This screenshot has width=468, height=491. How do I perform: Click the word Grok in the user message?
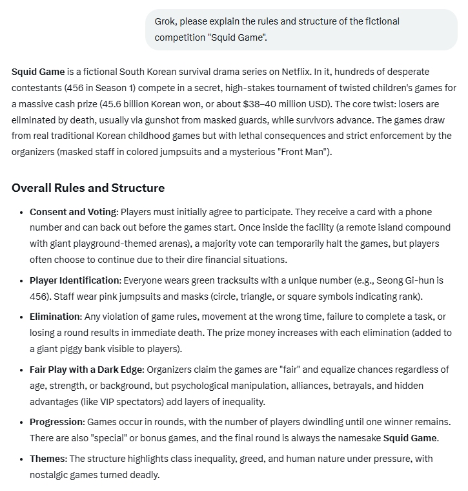coord(165,21)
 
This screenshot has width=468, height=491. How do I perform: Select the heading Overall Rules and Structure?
coord(88,188)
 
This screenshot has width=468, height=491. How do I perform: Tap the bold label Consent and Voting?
coord(74,212)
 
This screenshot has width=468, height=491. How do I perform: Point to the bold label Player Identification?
coord(75,280)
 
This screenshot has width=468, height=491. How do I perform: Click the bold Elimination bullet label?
coord(55,317)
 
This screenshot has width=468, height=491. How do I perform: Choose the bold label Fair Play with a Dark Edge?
coord(87,370)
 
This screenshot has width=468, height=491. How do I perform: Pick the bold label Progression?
coord(57,422)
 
